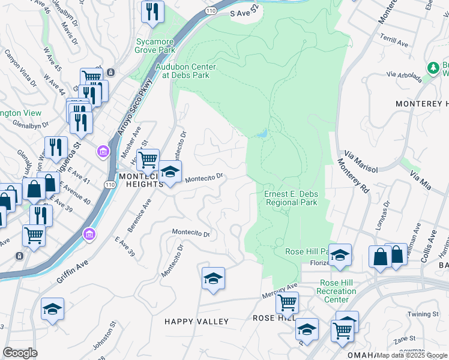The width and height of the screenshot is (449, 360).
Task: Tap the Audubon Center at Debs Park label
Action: [x=185, y=71]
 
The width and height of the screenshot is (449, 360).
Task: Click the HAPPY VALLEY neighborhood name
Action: [x=197, y=322]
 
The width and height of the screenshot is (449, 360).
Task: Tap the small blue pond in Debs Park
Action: [x=262, y=134]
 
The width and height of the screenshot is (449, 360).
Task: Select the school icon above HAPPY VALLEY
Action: [x=213, y=278]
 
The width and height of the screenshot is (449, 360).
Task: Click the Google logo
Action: [x=19, y=353]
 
